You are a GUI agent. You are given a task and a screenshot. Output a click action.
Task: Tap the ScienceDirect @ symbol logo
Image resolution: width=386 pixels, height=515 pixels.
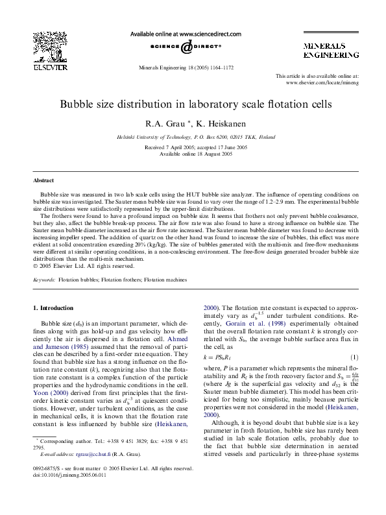click(186, 47)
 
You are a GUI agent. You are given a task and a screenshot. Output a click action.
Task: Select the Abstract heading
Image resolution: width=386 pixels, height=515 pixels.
click(44, 180)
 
